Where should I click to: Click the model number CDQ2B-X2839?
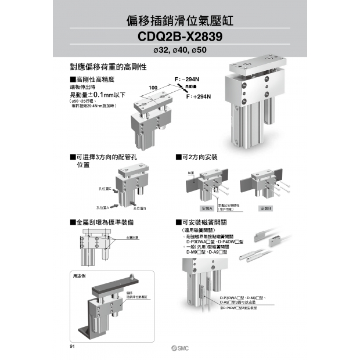pos(179,38)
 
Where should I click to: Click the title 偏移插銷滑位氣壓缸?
pos(179,22)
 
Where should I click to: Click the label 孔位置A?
pos(103,207)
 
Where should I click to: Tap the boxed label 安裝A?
pos(207,208)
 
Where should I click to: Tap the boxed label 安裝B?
pos(266,208)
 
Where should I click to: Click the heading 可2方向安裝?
pos(197,157)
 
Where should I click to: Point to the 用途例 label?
pos(79,276)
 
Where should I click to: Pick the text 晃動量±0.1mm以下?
pos(98,94)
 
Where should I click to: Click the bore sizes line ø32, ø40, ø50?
pos(179,51)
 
